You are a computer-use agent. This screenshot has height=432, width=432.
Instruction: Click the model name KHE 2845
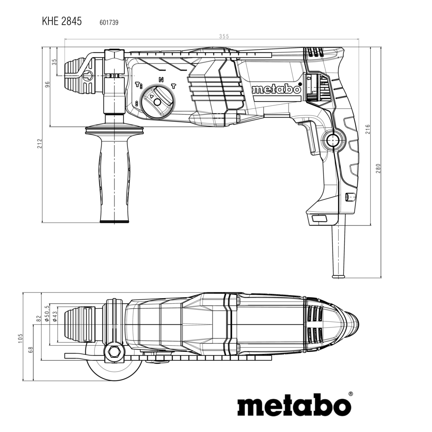62,21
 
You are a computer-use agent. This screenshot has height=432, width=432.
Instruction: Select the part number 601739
109,22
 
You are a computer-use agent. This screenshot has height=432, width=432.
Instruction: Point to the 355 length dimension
224,36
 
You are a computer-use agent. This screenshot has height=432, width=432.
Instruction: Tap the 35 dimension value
54,62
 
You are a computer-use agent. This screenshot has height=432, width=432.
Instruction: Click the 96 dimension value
47,84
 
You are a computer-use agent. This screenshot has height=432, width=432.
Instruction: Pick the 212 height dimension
39,143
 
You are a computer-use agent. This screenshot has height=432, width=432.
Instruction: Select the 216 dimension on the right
368,129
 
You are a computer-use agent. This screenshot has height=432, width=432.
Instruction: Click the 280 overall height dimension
378,168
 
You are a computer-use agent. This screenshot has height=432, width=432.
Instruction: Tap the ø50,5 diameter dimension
47,313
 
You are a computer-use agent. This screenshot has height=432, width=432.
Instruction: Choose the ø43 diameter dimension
55,316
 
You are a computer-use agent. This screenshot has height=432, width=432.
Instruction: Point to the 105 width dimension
20,338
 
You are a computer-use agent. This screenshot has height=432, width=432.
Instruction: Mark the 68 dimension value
31,349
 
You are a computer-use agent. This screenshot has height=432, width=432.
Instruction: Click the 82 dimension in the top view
38,318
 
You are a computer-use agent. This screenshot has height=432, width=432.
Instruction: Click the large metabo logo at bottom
294,405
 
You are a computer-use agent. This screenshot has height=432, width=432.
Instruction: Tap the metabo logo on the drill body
276,89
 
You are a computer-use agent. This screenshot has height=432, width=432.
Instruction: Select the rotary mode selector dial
157,102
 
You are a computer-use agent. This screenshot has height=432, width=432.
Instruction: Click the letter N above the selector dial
161,80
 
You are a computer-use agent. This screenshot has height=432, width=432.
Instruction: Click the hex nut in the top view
113,353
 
